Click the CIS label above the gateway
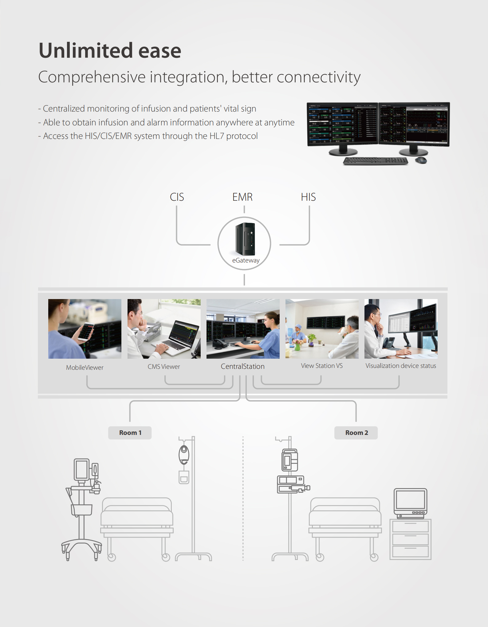(x=177, y=197)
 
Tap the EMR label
(x=242, y=197)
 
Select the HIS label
(x=308, y=197)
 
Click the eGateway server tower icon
(x=245, y=239)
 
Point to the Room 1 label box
(x=130, y=433)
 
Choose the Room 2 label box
(x=356, y=433)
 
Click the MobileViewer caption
(x=85, y=368)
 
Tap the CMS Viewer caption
(x=164, y=367)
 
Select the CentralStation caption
(x=243, y=366)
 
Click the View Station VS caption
(x=322, y=366)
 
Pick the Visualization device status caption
(x=401, y=366)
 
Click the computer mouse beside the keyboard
(x=421, y=160)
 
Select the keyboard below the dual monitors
(x=376, y=161)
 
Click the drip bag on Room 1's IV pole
(x=184, y=455)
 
